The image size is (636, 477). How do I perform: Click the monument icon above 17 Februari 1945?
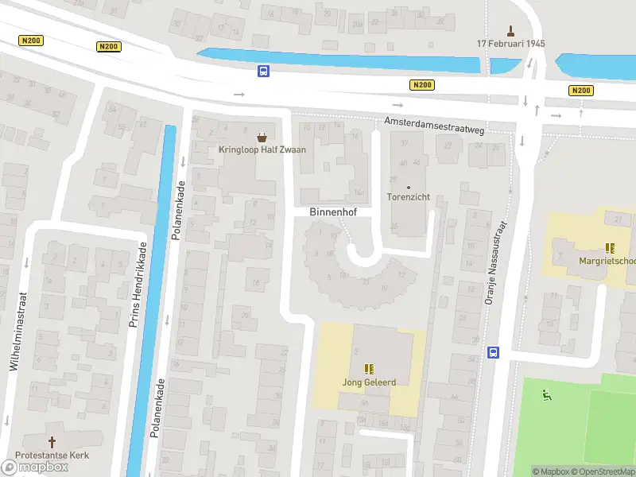coord(510,30)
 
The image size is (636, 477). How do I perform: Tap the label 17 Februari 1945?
coord(510,44)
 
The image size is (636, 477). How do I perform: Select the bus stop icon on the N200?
coord(263,71)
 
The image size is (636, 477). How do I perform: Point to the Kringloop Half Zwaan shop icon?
coord(262,137)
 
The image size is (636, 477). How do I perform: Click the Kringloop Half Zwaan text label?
coord(262,149)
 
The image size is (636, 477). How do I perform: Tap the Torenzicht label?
coord(409,197)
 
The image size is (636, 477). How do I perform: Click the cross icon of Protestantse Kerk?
coord(53,442)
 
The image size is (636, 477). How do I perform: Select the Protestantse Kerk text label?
coord(53,455)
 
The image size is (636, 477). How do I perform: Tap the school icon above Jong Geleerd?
coord(368,369)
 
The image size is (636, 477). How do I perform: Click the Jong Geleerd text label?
coord(369,382)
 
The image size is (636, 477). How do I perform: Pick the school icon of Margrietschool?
coord(610,249)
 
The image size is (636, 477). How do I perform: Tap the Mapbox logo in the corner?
coord(35,467)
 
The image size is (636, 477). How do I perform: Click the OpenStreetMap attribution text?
coord(603,471)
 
